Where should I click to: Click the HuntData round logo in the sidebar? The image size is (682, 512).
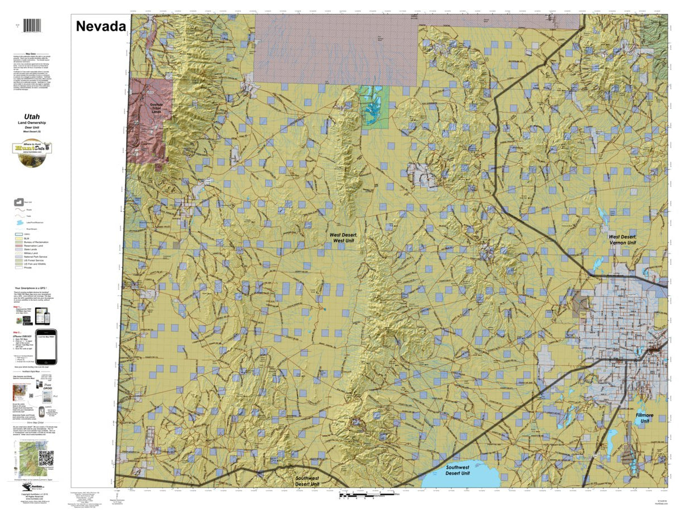[31, 152]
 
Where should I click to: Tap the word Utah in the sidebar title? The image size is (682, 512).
[32, 117]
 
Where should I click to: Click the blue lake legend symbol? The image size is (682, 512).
[20, 222]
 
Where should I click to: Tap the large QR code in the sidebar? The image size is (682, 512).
[46, 458]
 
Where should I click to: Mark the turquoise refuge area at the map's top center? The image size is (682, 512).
[373, 106]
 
